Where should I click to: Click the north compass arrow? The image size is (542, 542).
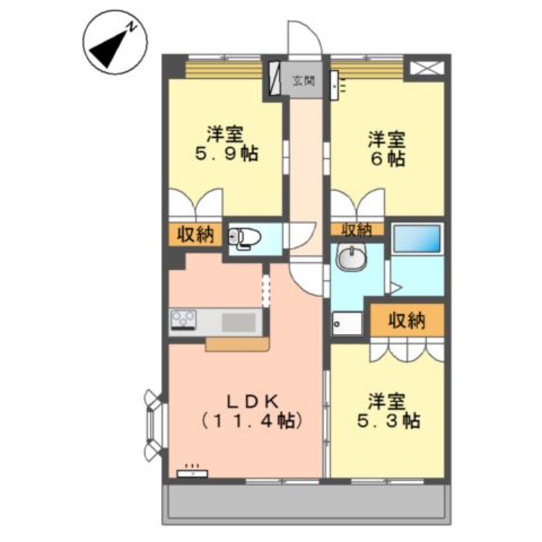109,49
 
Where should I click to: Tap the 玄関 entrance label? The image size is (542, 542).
304,81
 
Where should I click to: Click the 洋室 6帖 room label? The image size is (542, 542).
386,149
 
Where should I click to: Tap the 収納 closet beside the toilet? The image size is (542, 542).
195,236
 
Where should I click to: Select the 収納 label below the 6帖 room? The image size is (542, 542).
356,229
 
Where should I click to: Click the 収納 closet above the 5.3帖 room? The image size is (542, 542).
407,320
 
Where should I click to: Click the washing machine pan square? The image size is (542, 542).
347,323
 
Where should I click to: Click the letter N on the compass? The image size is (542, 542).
131,27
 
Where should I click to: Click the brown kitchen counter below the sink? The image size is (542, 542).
237,344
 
